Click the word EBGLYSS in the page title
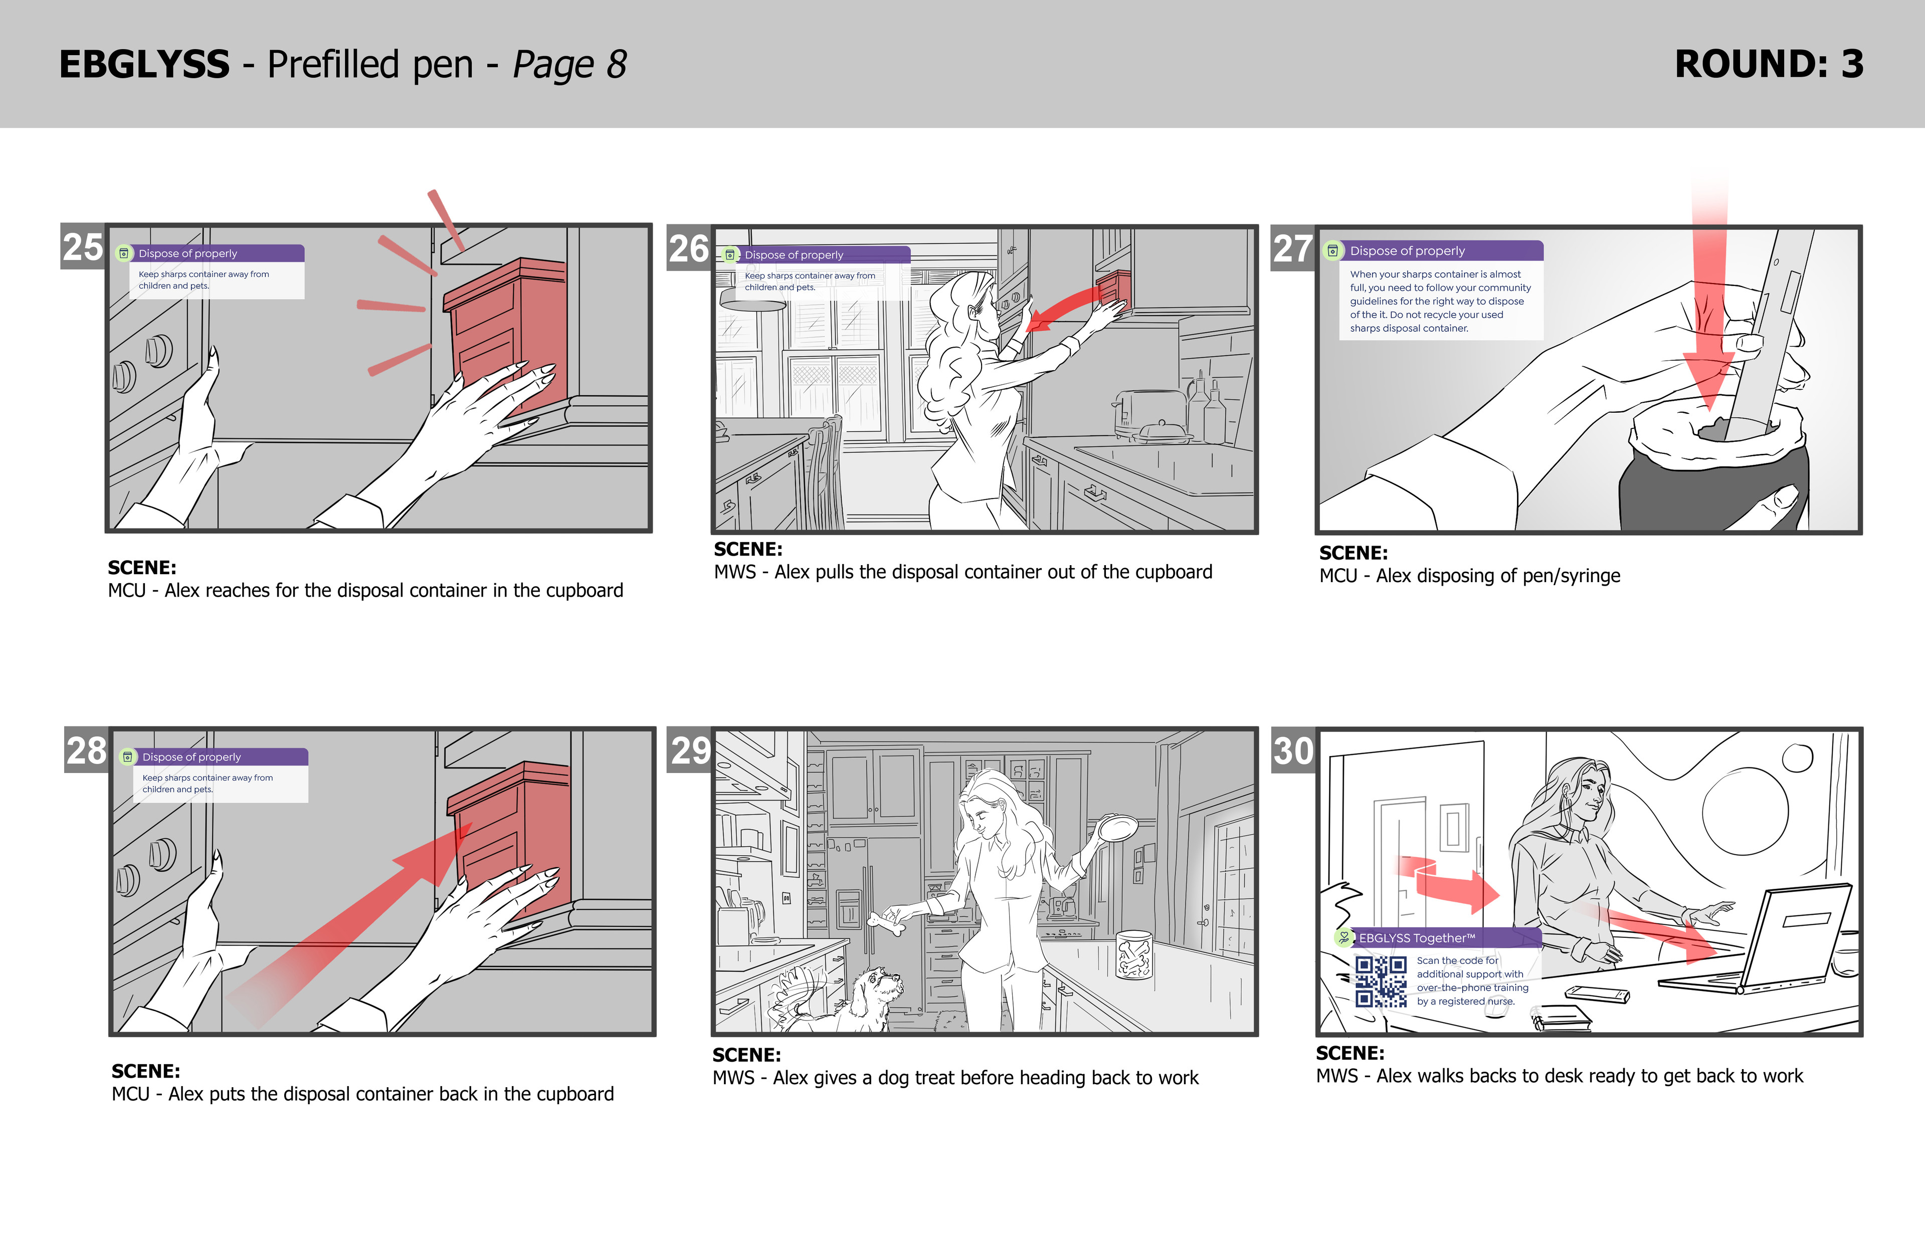click(x=145, y=65)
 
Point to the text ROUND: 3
click(x=1769, y=65)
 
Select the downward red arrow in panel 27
click(x=1709, y=307)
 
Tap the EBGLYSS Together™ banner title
click(x=1417, y=938)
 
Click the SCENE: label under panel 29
click(x=746, y=1055)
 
